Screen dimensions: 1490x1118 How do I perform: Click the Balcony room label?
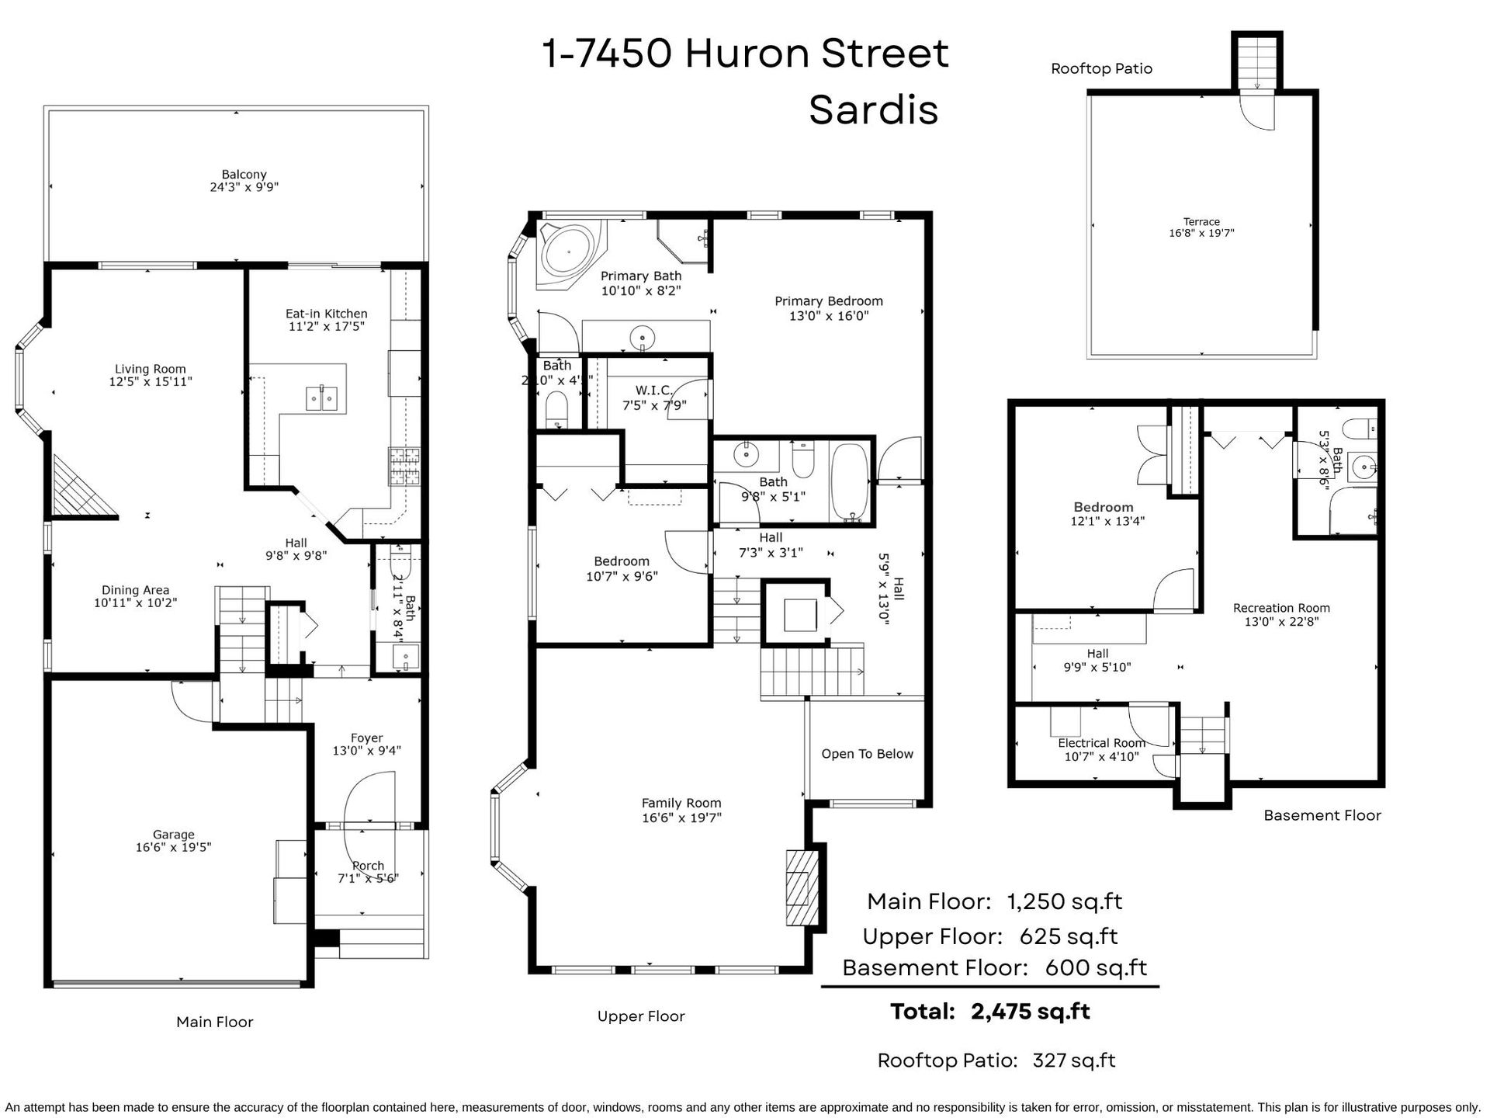pyautogui.click(x=244, y=175)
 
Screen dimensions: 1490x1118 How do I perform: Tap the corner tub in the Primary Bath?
pyautogui.click(x=570, y=253)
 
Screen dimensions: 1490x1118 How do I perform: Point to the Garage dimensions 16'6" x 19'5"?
pyautogui.click(x=174, y=848)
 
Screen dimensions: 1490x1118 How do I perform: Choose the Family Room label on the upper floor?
pyautogui.click(x=681, y=804)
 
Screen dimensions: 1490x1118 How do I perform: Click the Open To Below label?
pyautogui.click(x=867, y=754)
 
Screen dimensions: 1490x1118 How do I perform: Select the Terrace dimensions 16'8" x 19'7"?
pyautogui.click(x=1201, y=233)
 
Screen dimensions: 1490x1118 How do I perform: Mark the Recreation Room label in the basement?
pyautogui.click(x=1281, y=608)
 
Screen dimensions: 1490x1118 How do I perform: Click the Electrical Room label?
pyautogui.click(x=1102, y=743)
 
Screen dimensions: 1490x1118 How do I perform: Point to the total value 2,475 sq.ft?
pyautogui.click(x=1031, y=1012)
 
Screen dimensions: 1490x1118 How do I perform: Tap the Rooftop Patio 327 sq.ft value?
pyautogui.click(x=1074, y=1061)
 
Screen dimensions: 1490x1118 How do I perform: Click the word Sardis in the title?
pyautogui.click(x=874, y=110)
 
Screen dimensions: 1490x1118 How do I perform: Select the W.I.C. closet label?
pyautogui.click(x=653, y=391)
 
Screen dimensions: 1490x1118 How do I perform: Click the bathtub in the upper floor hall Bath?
pyautogui.click(x=851, y=482)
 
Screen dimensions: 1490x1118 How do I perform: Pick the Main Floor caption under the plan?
pyautogui.click(x=215, y=1022)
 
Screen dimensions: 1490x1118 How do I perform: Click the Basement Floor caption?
pyautogui.click(x=1322, y=815)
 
